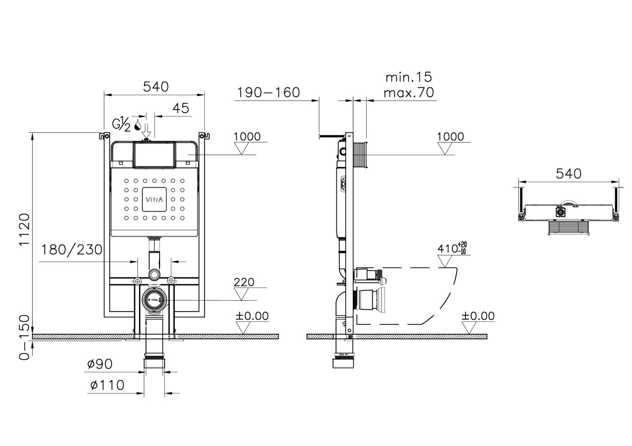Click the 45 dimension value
coord(181,108)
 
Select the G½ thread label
coord(121,125)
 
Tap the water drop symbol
coord(138,125)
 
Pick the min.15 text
coord(408,78)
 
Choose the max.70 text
coord(408,94)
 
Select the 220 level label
coord(244,282)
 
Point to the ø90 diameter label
coord(101,364)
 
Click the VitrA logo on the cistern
coord(154,200)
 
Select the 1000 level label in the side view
coord(451,137)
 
